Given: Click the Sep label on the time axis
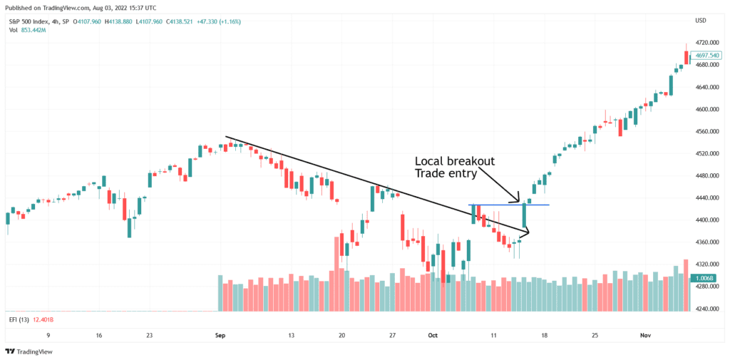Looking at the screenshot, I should [x=220, y=334].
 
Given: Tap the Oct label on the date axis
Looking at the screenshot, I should [x=433, y=334].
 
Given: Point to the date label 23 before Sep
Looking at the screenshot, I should [x=149, y=334].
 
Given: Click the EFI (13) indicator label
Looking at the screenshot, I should [x=18, y=319].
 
